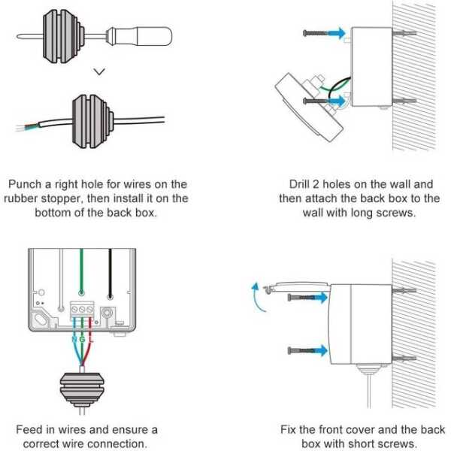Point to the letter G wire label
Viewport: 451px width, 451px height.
pos(81,340)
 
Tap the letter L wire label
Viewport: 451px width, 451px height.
pos(91,340)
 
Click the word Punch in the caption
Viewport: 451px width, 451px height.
pos(26,184)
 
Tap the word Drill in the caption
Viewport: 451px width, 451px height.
pos(301,184)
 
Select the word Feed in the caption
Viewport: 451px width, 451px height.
pos(29,430)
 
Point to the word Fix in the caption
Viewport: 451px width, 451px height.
pos(289,430)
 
